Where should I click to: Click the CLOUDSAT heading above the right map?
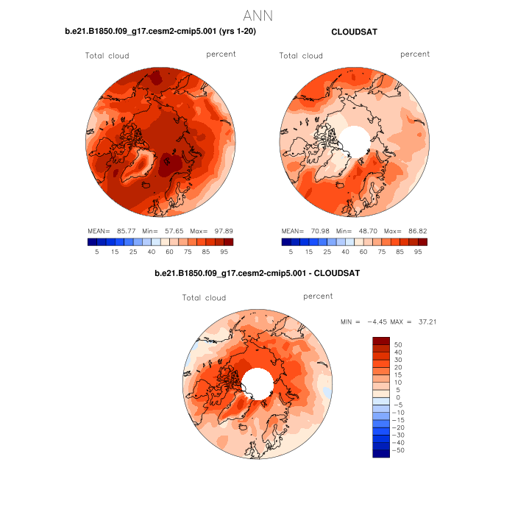click(x=355, y=32)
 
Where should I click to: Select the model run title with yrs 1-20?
click(x=161, y=32)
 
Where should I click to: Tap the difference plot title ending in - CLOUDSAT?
click(x=257, y=274)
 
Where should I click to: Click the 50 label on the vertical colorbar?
click(x=399, y=344)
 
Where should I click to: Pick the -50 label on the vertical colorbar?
click(x=397, y=450)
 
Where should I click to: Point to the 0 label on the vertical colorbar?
click(x=397, y=397)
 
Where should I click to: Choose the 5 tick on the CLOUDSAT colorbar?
click(x=291, y=251)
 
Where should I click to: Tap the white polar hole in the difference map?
click(x=256, y=383)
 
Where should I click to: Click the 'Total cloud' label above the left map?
click(x=107, y=56)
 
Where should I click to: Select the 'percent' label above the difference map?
click(x=318, y=296)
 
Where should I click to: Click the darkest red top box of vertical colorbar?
click(x=381, y=341)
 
